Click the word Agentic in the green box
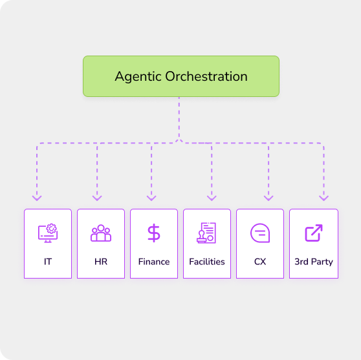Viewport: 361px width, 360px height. click(138, 77)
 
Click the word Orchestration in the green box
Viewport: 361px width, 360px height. click(206, 76)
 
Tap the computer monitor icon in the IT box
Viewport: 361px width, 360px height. click(48, 233)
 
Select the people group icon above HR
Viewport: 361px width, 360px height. click(101, 233)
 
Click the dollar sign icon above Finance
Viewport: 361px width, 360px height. click(154, 233)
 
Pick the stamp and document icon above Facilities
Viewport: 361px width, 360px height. click(206, 233)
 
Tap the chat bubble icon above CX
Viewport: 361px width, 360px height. click(260, 233)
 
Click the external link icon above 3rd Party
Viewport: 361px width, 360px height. click(314, 233)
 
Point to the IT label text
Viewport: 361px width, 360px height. click(48, 262)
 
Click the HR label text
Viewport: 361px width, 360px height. click(101, 262)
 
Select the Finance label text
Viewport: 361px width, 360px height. click(154, 262)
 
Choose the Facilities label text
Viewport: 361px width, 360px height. click(207, 262)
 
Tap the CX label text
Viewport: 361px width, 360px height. click(260, 262)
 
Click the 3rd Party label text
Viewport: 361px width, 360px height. click(314, 262)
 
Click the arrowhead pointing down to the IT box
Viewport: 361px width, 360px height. click(37, 198)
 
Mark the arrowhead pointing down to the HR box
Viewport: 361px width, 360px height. click(97, 198)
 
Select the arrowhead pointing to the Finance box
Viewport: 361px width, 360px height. click(151, 198)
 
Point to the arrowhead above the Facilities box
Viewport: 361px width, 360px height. click(212, 198)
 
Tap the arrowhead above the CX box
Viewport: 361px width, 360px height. click(268, 198)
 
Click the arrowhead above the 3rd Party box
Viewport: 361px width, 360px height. click(323, 198)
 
